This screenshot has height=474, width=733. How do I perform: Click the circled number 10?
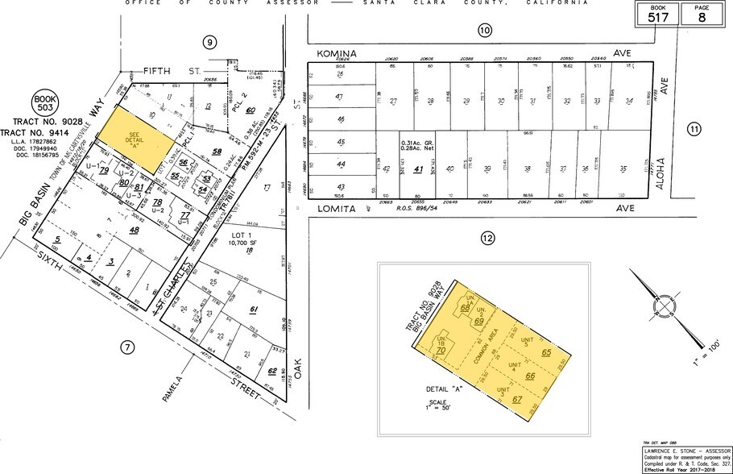click(x=484, y=31)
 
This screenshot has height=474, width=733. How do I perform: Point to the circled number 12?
click(x=487, y=238)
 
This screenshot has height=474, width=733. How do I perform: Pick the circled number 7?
click(x=126, y=348)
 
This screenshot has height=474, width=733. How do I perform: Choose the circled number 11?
click(x=694, y=128)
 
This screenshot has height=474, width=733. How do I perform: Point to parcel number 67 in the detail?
click(x=516, y=400)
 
